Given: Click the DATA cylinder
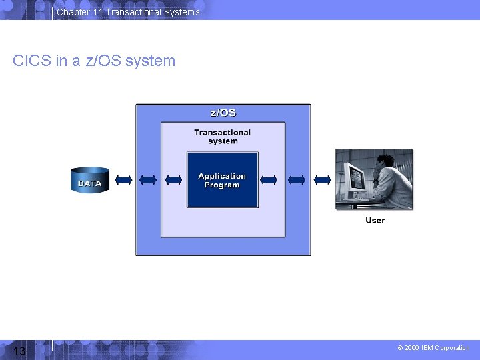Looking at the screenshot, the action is [x=90, y=180].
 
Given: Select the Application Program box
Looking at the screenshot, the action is [x=222, y=180].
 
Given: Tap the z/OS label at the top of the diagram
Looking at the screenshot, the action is [x=223, y=113].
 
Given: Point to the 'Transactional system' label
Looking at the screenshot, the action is [x=222, y=137].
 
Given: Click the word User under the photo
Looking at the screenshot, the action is [x=375, y=220].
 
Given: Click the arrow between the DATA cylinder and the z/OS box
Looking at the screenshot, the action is [x=123, y=180].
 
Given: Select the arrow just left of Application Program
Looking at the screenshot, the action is [x=173, y=180].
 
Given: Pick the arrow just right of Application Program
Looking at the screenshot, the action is [x=269, y=180].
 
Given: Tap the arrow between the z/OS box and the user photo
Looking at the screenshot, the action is [x=322, y=180].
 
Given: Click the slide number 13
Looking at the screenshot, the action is [x=19, y=351].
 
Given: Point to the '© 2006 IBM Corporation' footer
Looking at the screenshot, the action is [x=433, y=347].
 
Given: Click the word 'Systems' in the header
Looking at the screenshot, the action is [x=182, y=12].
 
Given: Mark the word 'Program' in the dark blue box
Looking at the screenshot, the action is [x=222, y=185].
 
